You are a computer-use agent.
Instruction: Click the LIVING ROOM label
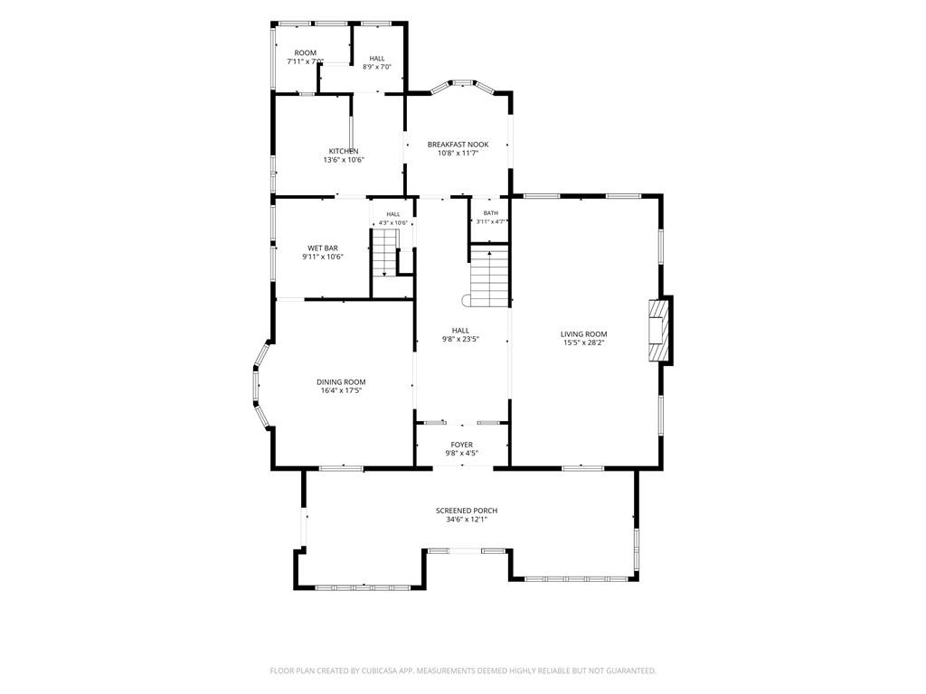click(x=583, y=334)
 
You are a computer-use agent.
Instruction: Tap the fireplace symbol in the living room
click(x=658, y=331)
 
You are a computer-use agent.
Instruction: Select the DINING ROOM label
click(x=341, y=382)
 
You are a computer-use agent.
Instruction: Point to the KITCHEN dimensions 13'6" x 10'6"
click(x=343, y=159)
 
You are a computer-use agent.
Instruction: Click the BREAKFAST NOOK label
click(x=458, y=144)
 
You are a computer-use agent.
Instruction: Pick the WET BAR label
click(x=323, y=248)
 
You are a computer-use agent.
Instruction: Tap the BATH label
click(x=491, y=213)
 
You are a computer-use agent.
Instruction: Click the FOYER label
click(x=461, y=445)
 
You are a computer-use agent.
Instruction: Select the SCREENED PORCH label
click(x=467, y=511)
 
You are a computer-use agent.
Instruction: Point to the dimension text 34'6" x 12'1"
click(x=467, y=520)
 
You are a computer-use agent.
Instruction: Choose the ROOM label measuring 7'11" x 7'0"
click(x=306, y=52)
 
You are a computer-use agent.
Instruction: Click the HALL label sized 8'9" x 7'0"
click(x=377, y=59)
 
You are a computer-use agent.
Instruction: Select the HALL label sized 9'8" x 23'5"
click(x=460, y=331)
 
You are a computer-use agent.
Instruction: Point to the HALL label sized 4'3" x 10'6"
click(x=393, y=214)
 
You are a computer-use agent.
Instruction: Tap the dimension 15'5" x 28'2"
click(x=583, y=342)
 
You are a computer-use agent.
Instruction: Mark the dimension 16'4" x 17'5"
click(x=341, y=390)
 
